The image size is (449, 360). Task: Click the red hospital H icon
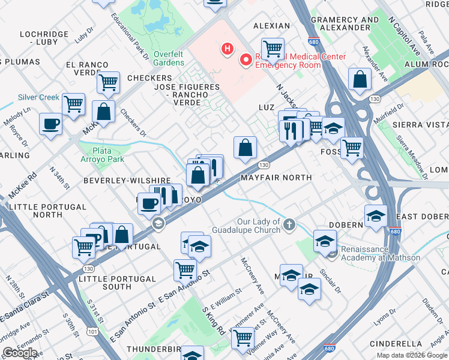pos(227,48)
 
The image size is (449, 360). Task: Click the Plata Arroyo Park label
pos(103,155)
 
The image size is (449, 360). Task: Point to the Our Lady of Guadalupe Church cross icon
pos(289,226)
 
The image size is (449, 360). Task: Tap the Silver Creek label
pos(39,97)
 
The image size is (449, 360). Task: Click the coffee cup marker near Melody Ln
pos(50,124)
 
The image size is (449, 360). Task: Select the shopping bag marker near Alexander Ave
pos(359,80)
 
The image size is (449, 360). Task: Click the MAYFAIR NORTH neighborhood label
pos(276,178)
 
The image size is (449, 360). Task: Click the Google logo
pos(20,353)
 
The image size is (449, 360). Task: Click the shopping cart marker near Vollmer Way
pos(243,338)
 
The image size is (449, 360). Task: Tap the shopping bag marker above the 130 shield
pos(245,148)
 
